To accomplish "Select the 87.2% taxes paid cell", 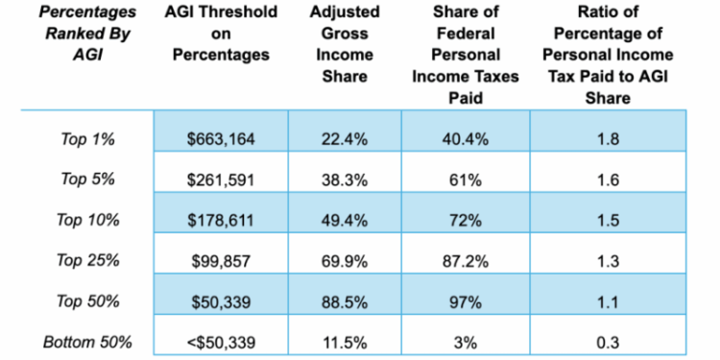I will pos(465,261).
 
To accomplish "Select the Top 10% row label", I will pos(87,220).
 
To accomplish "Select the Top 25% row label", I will pos(87,261).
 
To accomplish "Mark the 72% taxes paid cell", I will pos(465,220).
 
